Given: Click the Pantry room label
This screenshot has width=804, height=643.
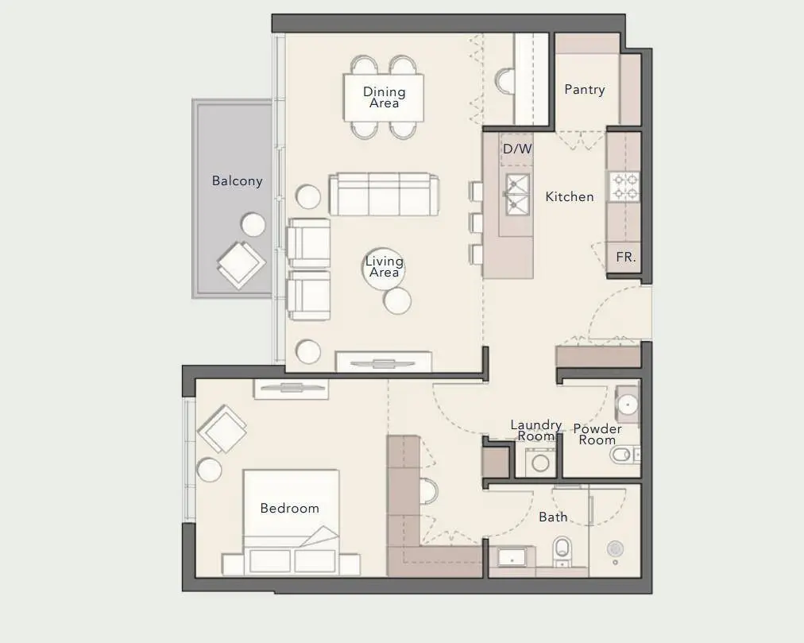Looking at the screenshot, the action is point(585,89).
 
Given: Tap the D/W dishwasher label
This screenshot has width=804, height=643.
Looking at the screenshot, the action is point(517,149).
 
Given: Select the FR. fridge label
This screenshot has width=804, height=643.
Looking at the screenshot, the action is point(625,257).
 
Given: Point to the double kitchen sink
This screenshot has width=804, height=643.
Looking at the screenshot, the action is point(517,193).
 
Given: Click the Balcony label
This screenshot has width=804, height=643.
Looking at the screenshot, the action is point(237,180).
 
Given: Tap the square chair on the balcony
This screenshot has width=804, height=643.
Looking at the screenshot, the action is point(241,265).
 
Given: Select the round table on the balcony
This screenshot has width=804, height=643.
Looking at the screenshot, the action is point(253,224).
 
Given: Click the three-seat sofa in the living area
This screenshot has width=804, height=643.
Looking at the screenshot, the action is point(384,194).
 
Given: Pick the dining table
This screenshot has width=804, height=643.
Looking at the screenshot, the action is point(384,98).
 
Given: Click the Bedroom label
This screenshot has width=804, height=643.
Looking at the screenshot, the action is point(290,508).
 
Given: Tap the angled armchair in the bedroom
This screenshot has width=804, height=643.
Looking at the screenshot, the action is point(222,428).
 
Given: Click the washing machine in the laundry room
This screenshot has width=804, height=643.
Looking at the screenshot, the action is point(540,461).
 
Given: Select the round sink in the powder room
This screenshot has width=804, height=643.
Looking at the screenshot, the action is point(628,405).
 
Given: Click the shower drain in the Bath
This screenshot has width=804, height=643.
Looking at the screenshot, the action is point(615,548).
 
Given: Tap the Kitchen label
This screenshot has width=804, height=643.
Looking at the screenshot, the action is point(570,196).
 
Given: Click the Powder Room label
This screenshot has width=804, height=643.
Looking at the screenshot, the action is point(597,434).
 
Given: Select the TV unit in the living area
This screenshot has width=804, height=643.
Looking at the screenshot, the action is point(384,362).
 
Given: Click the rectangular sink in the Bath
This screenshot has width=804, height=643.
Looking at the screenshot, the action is point(512,557).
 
